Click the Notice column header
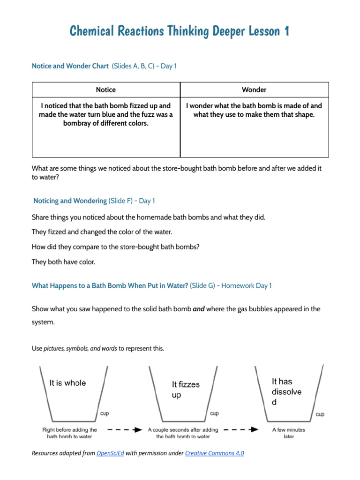[105, 90]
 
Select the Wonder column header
[254, 90]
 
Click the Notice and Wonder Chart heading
[70, 66]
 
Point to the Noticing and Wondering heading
[70, 201]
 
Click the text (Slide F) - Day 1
[132, 201]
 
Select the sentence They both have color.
[63, 262]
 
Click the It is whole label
[68, 383]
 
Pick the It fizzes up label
[185, 390]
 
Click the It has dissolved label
[286, 391]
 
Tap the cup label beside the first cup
[105, 413]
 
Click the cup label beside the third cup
[320, 414]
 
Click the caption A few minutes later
[288, 433]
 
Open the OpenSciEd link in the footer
[110, 453]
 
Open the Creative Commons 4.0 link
[215, 453]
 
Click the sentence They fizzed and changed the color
[102, 232]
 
